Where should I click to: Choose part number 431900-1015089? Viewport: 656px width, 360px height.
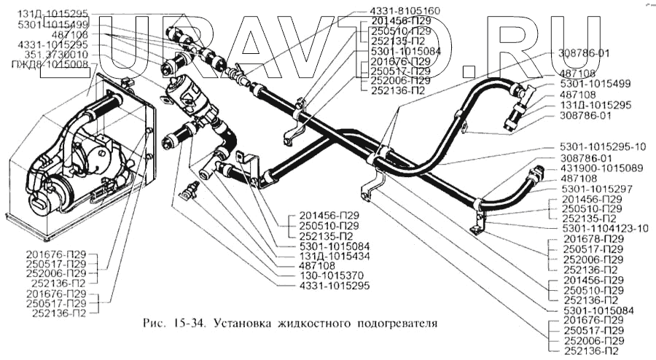(x=598, y=167)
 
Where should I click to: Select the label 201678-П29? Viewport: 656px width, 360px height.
(x=593, y=238)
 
